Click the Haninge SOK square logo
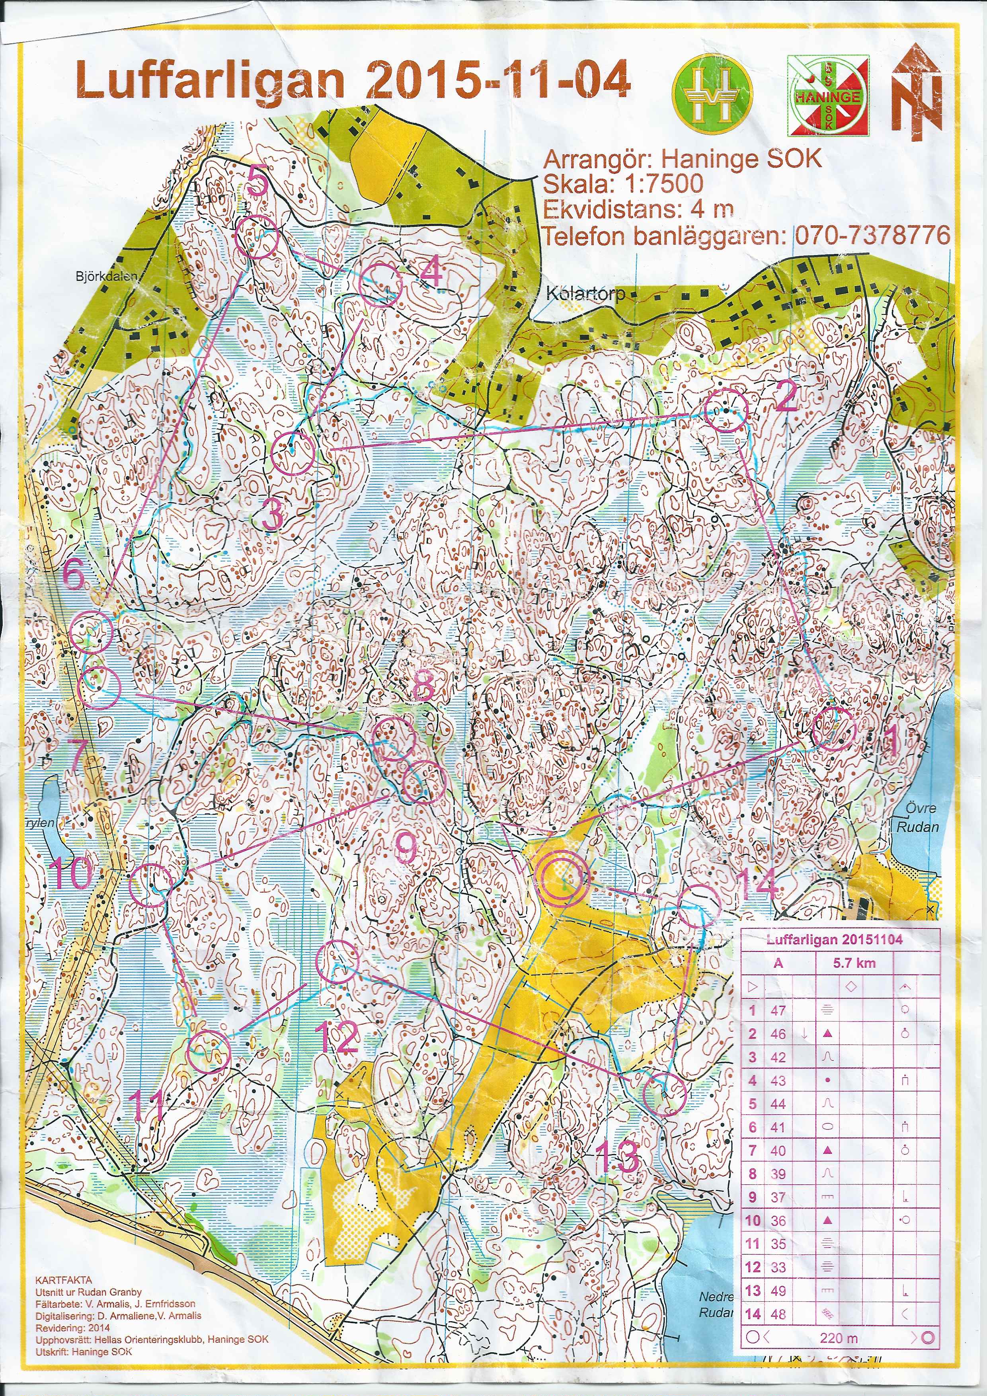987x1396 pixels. coord(828,96)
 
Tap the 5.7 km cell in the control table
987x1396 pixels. coord(854,963)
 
